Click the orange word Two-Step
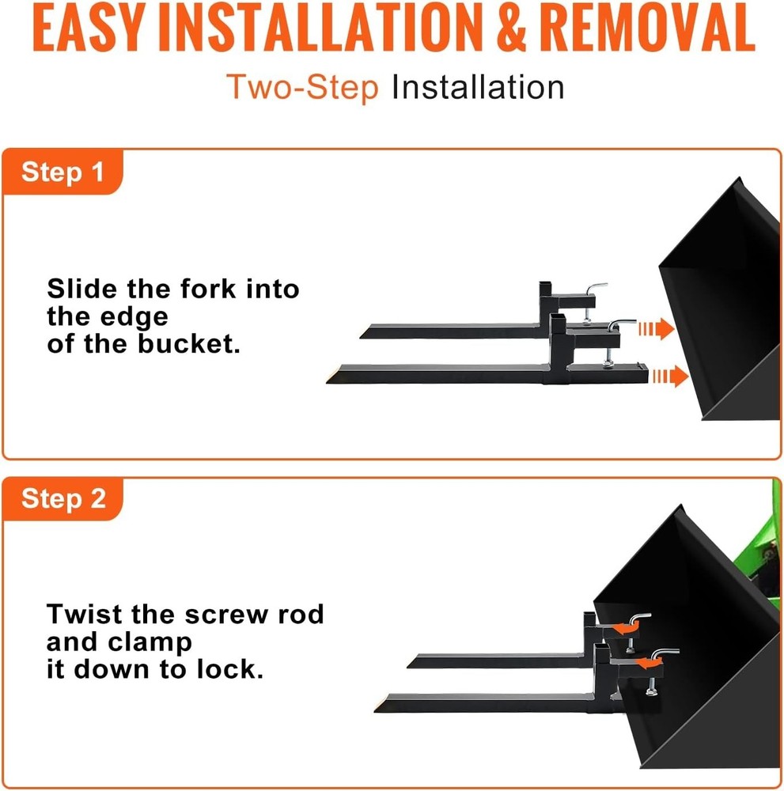point(303,87)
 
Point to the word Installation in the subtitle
point(478,87)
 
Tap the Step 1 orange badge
point(63,172)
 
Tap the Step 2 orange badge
point(63,499)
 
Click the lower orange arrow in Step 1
point(669,377)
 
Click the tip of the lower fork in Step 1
point(332,379)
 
